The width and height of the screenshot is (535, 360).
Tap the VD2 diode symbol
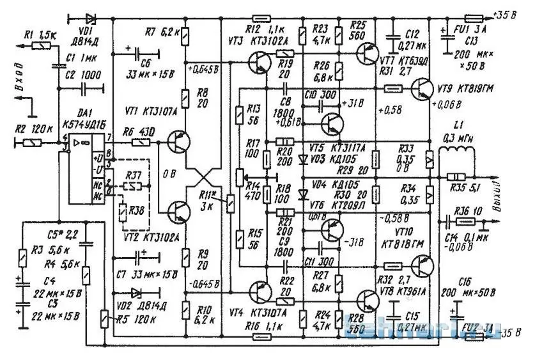134,293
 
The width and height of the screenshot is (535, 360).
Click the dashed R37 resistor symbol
133,186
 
